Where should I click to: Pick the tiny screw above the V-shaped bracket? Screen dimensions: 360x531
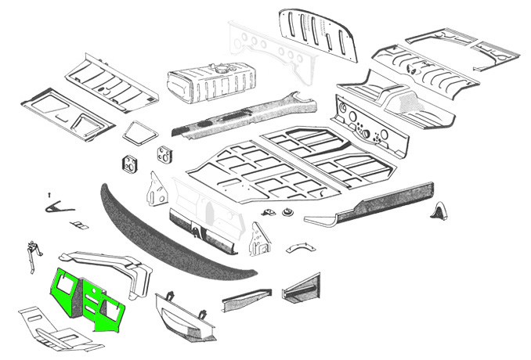(49, 193)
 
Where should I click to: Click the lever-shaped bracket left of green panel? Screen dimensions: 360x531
(33, 254)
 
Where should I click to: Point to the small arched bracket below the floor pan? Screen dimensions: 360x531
(298, 248)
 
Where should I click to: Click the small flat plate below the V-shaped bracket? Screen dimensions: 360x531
(79, 225)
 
